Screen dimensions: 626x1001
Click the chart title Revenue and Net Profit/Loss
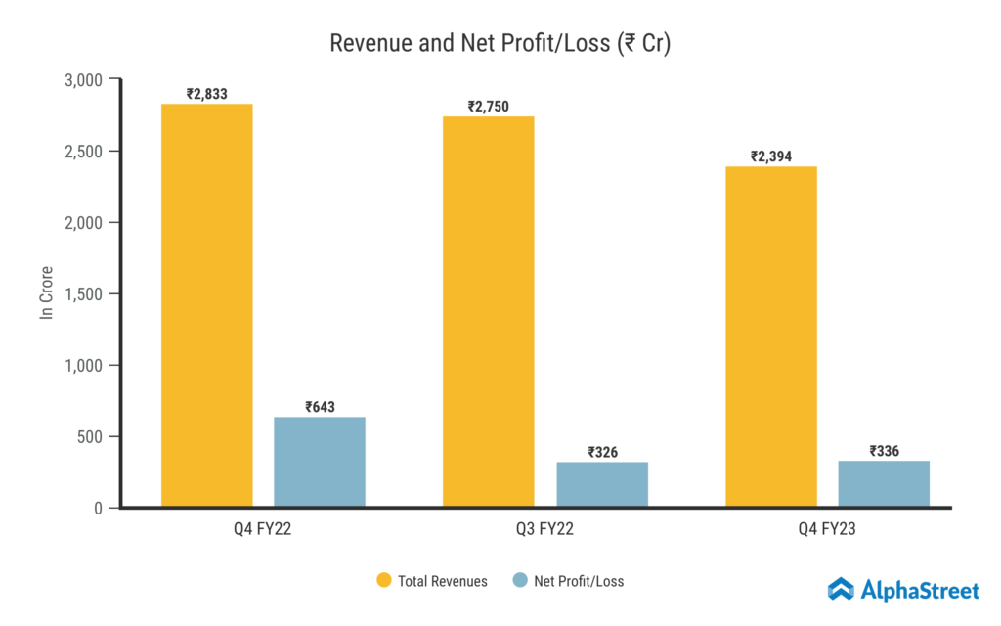pyautogui.click(x=500, y=44)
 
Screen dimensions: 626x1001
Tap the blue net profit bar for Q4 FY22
pyautogui.click(x=320, y=462)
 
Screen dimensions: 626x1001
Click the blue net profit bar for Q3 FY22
pyautogui.click(x=602, y=484)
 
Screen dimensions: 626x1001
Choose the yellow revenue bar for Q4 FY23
pyautogui.click(x=771, y=336)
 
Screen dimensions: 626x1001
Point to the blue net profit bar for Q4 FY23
pyautogui.click(x=884, y=483)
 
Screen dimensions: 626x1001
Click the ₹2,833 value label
pyautogui.click(x=207, y=94)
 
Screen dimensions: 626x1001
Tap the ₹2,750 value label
pyautogui.click(x=489, y=106)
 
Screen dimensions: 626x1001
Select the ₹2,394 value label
pyautogui.click(x=771, y=156)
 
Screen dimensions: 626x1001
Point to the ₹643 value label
pyautogui.click(x=320, y=407)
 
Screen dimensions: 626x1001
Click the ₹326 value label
pyautogui.click(x=602, y=452)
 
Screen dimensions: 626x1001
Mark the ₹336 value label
pyautogui.click(x=884, y=451)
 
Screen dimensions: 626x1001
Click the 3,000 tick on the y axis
pyautogui.click(x=83, y=79)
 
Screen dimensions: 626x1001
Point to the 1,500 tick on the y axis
pyautogui.click(x=83, y=293)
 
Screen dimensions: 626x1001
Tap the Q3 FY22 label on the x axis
pyautogui.click(x=545, y=531)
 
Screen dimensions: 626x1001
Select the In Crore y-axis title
pyautogui.click(x=46, y=292)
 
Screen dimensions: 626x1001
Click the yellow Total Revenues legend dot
pyautogui.click(x=383, y=581)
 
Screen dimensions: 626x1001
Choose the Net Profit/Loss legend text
pyautogui.click(x=579, y=581)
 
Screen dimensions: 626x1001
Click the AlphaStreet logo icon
pyautogui.click(x=841, y=589)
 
